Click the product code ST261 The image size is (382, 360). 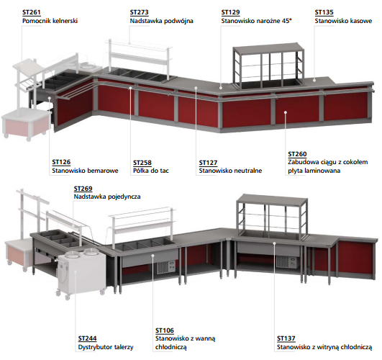coord(32,12)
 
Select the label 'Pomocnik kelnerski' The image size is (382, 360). coord(50,21)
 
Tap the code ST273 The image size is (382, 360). coord(139,12)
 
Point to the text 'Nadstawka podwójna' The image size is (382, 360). coord(162,21)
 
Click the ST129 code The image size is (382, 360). coord(230,12)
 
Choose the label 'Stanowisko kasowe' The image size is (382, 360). coord(343,21)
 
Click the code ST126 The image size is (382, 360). coord(61,162)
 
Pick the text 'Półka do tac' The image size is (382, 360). coord(151,171)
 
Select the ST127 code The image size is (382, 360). coord(208,163)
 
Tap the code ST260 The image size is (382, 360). coord(297,154)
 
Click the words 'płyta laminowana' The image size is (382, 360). coord(314,171)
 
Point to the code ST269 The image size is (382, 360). coord(83,189)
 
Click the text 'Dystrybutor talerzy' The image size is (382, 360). coord(106,347)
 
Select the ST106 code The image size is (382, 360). coord(165,330)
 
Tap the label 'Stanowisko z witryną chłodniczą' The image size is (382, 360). coord(324,347)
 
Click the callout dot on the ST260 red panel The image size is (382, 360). coord(286,112)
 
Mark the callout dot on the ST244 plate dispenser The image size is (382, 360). coord(76,271)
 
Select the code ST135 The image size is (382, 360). coord(324,12)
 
